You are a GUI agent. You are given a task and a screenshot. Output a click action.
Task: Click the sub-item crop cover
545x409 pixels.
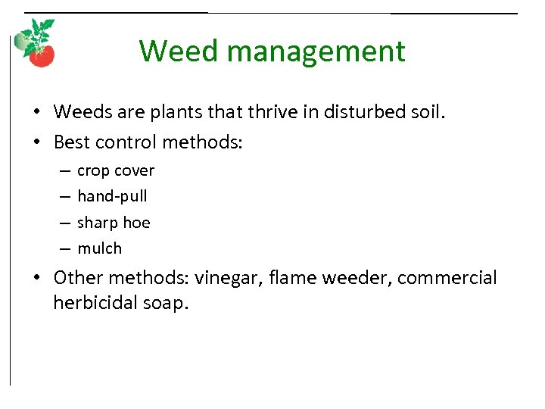click(x=116, y=171)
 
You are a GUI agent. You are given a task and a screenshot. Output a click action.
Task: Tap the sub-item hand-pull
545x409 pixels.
click(x=112, y=197)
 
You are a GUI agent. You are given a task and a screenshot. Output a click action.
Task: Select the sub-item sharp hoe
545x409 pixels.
click(x=114, y=223)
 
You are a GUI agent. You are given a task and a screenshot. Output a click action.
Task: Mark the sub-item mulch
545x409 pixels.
click(x=99, y=248)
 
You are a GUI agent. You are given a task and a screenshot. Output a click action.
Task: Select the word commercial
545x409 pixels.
click(x=447, y=278)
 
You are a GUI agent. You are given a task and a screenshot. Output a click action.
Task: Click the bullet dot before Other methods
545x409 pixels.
click(x=37, y=279)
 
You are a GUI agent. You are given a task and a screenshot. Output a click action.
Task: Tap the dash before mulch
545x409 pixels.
click(x=64, y=248)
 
